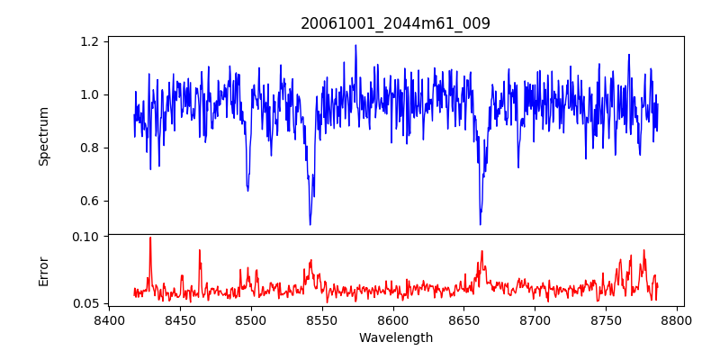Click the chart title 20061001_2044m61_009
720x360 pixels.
click(x=395, y=23)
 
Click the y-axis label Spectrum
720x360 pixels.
click(x=43, y=136)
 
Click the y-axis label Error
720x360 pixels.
click(x=43, y=271)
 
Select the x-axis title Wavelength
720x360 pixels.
click(x=395, y=338)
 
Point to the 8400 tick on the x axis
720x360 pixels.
click(x=109, y=320)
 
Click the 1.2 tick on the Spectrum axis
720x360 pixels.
click(x=88, y=41)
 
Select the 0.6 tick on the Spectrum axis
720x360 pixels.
click(x=88, y=201)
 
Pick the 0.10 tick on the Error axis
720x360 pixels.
click(x=85, y=237)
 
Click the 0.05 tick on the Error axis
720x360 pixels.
click(x=85, y=303)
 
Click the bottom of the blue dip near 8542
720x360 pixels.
click(x=310, y=224)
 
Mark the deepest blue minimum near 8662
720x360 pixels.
click(x=480, y=224)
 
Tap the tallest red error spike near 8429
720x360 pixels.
click(x=150, y=238)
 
